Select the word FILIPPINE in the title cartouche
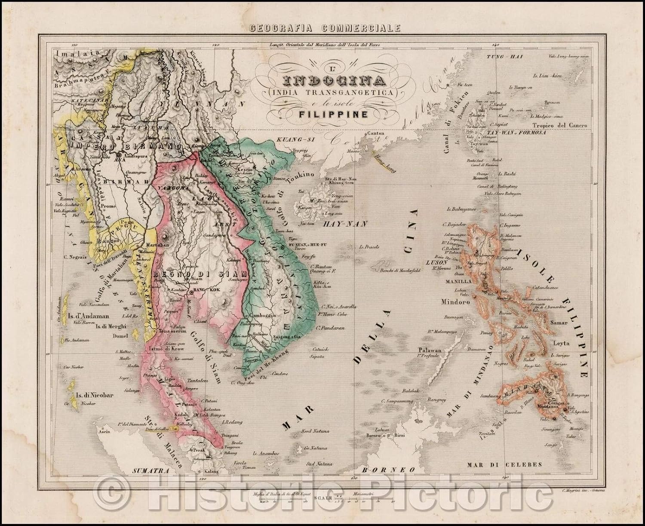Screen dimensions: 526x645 tap(330, 114)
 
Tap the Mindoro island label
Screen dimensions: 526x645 tap(457, 302)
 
